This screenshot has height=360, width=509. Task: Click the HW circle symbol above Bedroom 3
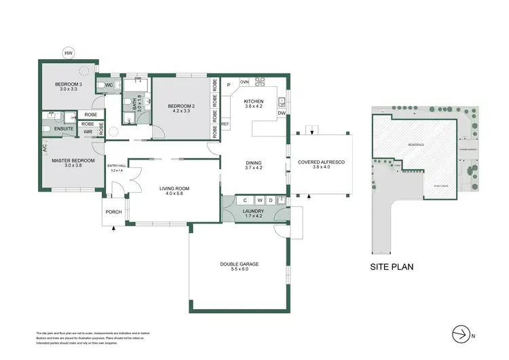pos(69,52)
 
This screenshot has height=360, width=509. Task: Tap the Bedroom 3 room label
pos(67,84)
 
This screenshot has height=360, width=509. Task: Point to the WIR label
pos(88,132)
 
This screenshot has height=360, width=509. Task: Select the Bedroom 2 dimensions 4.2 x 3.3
pos(181,111)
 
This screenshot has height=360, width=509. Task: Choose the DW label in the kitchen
pos(281,113)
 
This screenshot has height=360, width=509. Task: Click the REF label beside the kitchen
pos(225,124)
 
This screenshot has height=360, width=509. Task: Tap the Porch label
pos(113,212)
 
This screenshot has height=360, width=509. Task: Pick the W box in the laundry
pos(259,200)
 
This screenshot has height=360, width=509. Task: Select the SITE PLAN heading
pos(392,267)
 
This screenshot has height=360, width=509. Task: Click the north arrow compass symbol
pos(461,333)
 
